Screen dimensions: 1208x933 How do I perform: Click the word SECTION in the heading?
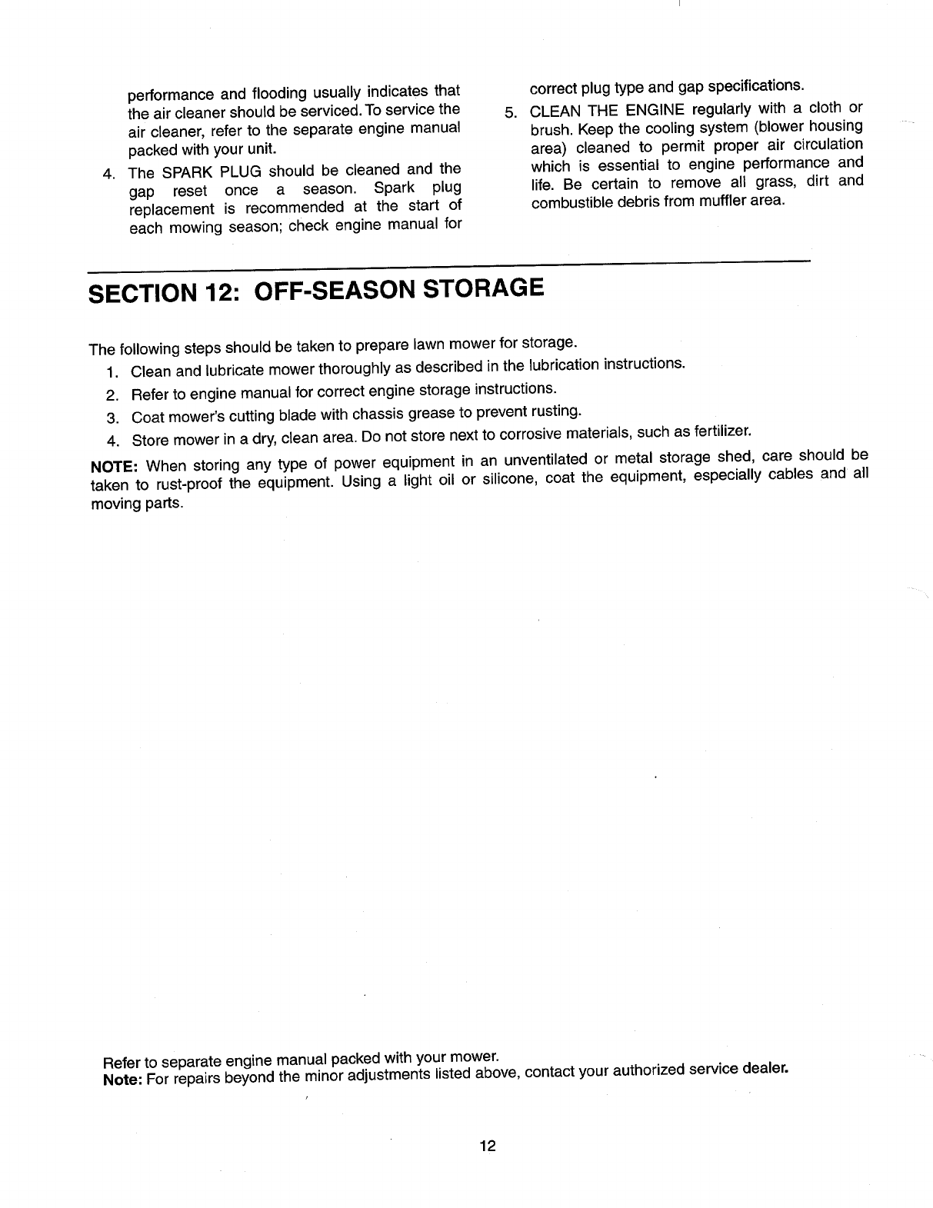139,295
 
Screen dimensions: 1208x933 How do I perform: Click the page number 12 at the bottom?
487,1146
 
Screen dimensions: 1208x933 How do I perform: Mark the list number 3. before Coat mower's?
113,418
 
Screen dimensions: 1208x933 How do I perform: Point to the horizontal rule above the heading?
450,267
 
